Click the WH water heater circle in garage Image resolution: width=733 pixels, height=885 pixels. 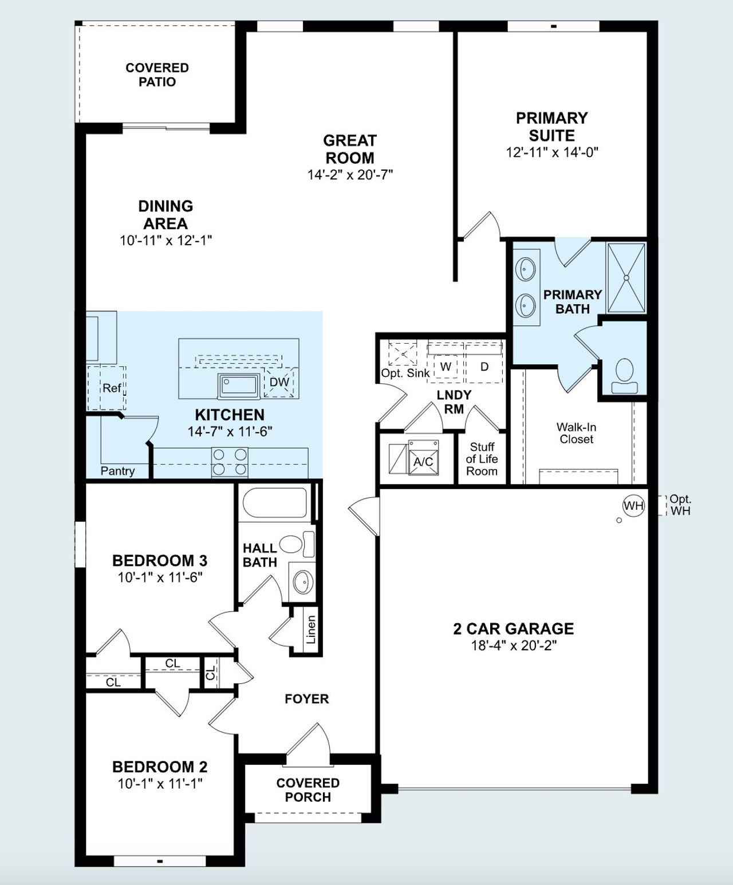(x=633, y=506)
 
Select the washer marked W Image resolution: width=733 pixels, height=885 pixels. (x=446, y=367)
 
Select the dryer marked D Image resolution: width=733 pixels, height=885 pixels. (x=484, y=367)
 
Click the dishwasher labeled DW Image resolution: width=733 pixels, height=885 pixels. (x=279, y=383)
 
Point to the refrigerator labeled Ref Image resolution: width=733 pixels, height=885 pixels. (x=111, y=388)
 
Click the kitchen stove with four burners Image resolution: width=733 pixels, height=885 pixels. (x=230, y=462)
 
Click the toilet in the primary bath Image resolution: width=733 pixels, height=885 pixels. (x=624, y=376)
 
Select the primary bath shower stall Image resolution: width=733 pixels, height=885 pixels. (x=626, y=278)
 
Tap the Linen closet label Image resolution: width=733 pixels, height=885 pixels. (x=311, y=630)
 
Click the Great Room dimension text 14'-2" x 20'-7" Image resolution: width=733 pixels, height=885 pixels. (x=350, y=175)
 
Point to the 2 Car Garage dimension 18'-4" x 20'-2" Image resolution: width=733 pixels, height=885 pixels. (x=514, y=646)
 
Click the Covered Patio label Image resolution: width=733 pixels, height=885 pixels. (x=157, y=74)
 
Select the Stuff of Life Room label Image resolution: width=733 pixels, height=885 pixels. (x=482, y=459)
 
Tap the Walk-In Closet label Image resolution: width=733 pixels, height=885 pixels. (x=576, y=433)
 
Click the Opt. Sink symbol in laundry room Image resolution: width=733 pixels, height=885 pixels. (x=403, y=353)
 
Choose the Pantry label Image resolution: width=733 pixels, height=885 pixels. (x=117, y=471)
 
